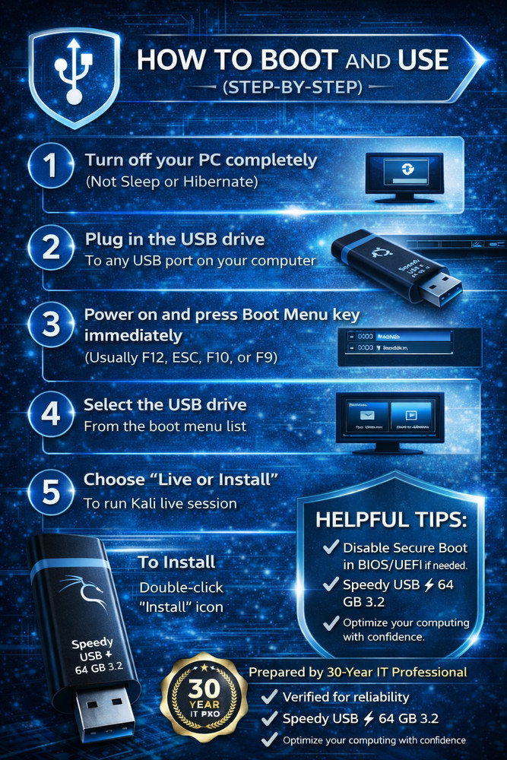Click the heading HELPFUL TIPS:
tap(391, 521)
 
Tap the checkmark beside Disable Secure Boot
tap(331, 548)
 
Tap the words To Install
tap(176, 562)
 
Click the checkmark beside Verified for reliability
tap(268, 697)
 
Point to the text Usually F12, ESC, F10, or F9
tap(179, 358)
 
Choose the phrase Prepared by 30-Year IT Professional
tap(357, 672)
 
